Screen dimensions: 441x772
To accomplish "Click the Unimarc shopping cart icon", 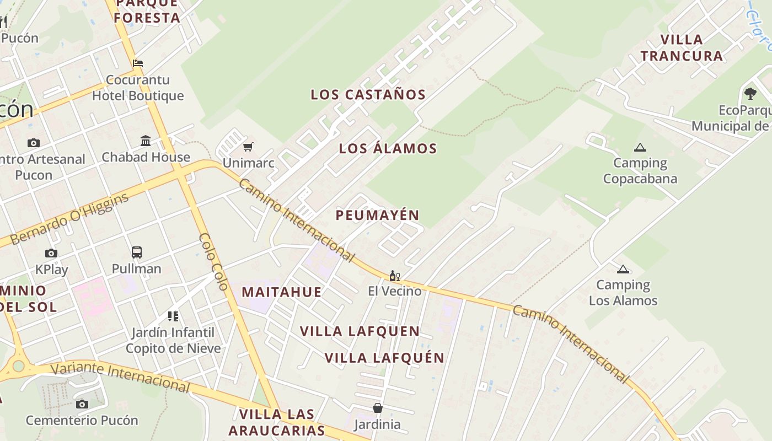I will pyautogui.click(x=248, y=147).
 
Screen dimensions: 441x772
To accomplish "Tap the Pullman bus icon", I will pyautogui.click(x=137, y=252).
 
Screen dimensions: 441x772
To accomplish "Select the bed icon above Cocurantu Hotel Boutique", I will pyautogui.click(x=138, y=63).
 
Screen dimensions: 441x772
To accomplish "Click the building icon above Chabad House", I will pyautogui.click(x=146, y=141).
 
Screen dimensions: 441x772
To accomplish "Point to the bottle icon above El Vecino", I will pyautogui.click(x=394, y=276).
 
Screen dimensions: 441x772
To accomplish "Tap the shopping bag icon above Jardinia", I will pyautogui.click(x=378, y=408).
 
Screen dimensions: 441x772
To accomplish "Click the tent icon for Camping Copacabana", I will pyautogui.click(x=640, y=147).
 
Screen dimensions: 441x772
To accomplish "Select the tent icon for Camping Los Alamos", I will pyautogui.click(x=623, y=269).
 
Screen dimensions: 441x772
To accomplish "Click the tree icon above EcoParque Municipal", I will pyautogui.click(x=750, y=94).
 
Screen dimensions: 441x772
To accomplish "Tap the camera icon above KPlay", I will pyautogui.click(x=51, y=254).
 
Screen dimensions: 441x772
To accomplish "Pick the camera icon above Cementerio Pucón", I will pyautogui.click(x=82, y=405).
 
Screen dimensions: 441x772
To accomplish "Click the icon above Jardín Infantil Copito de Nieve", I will pyautogui.click(x=173, y=316).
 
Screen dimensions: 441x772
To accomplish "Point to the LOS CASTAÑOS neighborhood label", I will pyautogui.click(x=368, y=95).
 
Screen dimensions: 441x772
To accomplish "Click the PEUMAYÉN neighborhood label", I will pyautogui.click(x=378, y=215).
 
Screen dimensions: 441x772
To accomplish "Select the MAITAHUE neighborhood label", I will pyautogui.click(x=281, y=292).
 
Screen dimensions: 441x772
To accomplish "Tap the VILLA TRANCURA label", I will pyautogui.click(x=682, y=48).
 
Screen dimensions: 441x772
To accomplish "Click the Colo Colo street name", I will pyautogui.click(x=213, y=262).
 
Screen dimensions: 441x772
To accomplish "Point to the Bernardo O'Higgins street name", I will pyautogui.click(x=69, y=219).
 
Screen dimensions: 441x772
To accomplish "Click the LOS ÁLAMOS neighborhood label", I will pyautogui.click(x=388, y=148).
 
